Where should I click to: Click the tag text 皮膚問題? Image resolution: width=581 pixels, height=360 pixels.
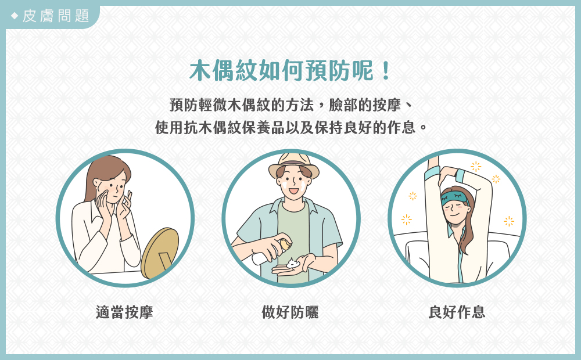56,16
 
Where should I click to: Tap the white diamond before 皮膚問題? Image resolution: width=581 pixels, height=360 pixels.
15,16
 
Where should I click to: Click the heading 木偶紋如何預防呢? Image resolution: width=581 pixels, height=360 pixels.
282,70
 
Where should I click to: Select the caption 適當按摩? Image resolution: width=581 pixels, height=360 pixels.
124,312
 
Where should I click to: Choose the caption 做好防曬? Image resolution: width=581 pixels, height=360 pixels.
290,312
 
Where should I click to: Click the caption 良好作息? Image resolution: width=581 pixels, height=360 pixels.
457,312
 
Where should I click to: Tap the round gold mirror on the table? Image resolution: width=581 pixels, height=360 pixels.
160,252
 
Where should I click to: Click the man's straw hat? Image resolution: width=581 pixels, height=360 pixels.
294,165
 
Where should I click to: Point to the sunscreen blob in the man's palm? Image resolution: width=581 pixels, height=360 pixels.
293,264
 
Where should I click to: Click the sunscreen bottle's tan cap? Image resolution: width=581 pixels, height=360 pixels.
285,244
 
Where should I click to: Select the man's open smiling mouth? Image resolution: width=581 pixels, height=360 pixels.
293,191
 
